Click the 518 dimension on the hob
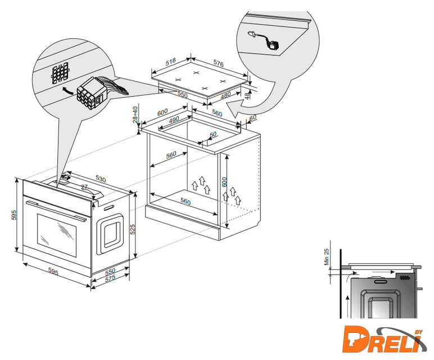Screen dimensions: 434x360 click(x=170, y=62)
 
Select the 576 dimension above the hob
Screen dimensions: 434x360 click(x=218, y=64)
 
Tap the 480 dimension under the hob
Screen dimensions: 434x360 click(x=225, y=95)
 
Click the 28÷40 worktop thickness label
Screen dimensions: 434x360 click(x=135, y=114)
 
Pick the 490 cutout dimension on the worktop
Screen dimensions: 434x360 click(x=174, y=120)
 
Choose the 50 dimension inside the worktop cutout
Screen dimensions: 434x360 click(x=213, y=134)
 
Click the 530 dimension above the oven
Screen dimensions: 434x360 click(x=101, y=179)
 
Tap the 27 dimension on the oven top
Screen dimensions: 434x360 click(x=84, y=187)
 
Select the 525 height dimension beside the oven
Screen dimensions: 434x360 click(x=133, y=229)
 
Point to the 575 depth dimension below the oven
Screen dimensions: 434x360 click(x=110, y=278)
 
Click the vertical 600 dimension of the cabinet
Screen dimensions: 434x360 click(x=224, y=182)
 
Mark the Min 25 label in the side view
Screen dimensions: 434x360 click(x=327, y=256)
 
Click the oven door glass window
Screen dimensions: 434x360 click(x=57, y=235)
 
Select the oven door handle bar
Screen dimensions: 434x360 click(x=56, y=211)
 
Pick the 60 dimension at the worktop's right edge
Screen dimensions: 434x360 click(x=253, y=118)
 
